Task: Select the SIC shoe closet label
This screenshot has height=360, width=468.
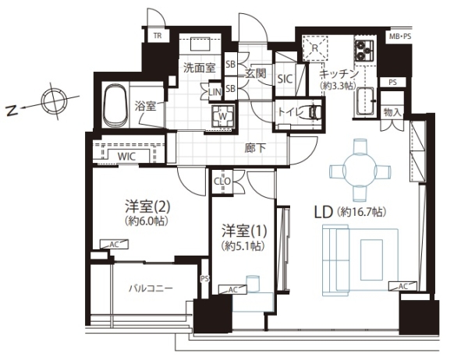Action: coord(285,79)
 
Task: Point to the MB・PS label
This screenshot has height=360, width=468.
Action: coord(401,37)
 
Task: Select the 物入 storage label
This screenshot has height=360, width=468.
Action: coord(393,113)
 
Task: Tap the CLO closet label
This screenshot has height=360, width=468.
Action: coord(222,184)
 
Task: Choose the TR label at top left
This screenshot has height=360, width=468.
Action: coord(157,36)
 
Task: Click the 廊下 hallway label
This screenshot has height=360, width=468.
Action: coord(250,146)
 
